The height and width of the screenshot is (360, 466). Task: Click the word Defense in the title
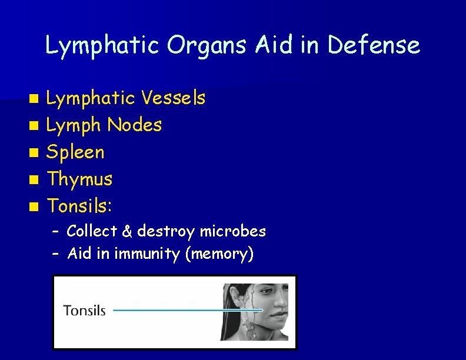coord(374,45)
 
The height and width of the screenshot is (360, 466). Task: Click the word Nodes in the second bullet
coord(135,125)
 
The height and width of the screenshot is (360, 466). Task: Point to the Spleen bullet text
coord(75,152)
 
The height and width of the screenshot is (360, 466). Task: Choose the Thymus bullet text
coord(79,179)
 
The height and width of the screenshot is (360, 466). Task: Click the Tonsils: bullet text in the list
coord(80,205)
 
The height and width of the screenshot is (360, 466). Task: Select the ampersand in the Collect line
coord(127,231)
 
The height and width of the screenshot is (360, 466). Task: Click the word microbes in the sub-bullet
coord(232,231)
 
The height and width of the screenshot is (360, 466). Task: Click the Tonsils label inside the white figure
coord(84,310)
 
